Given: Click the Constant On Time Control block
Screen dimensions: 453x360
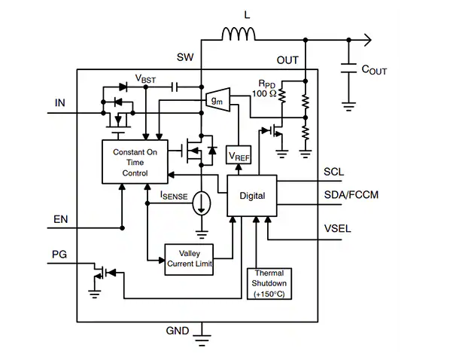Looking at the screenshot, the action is pyautogui.click(x=135, y=162).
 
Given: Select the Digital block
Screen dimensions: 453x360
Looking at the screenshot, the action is pyautogui.click(x=252, y=196).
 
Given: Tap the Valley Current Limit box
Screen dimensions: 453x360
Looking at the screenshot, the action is pyautogui.click(x=189, y=259).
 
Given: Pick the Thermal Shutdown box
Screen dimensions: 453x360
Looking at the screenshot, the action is pyautogui.click(x=269, y=284).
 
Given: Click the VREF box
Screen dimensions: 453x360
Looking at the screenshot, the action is pyautogui.click(x=239, y=154).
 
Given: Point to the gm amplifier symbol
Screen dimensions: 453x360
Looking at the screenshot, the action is pyautogui.click(x=218, y=99).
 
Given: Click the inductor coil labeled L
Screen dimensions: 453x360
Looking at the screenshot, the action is pyautogui.click(x=239, y=34).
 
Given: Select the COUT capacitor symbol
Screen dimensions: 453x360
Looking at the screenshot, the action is pyautogui.click(x=348, y=68).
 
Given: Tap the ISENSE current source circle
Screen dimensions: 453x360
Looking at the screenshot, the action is pyautogui.click(x=202, y=203).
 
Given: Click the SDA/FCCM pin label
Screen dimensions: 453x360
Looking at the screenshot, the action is pyautogui.click(x=351, y=195).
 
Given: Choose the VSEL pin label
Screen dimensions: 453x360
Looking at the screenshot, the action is pyautogui.click(x=337, y=229).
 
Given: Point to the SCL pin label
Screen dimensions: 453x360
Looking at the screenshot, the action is pyautogui.click(x=333, y=172).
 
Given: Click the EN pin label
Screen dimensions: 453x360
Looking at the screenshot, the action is pyautogui.click(x=61, y=219).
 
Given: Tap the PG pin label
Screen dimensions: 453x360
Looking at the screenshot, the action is pyautogui.click(x=59, y=255).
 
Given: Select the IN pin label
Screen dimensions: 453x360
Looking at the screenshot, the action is pyautogui.click(x=59, y=102).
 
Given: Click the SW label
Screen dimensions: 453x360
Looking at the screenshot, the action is pyautogui.click(x=185, y=57).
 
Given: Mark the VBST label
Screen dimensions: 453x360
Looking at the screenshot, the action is pyautogui.click(x=145, y=78).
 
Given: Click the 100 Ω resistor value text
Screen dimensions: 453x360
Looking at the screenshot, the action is pyautogui.click(x=264, y=93).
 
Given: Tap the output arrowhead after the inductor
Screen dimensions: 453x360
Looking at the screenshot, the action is pyautogui.click(x=368, y=40).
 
